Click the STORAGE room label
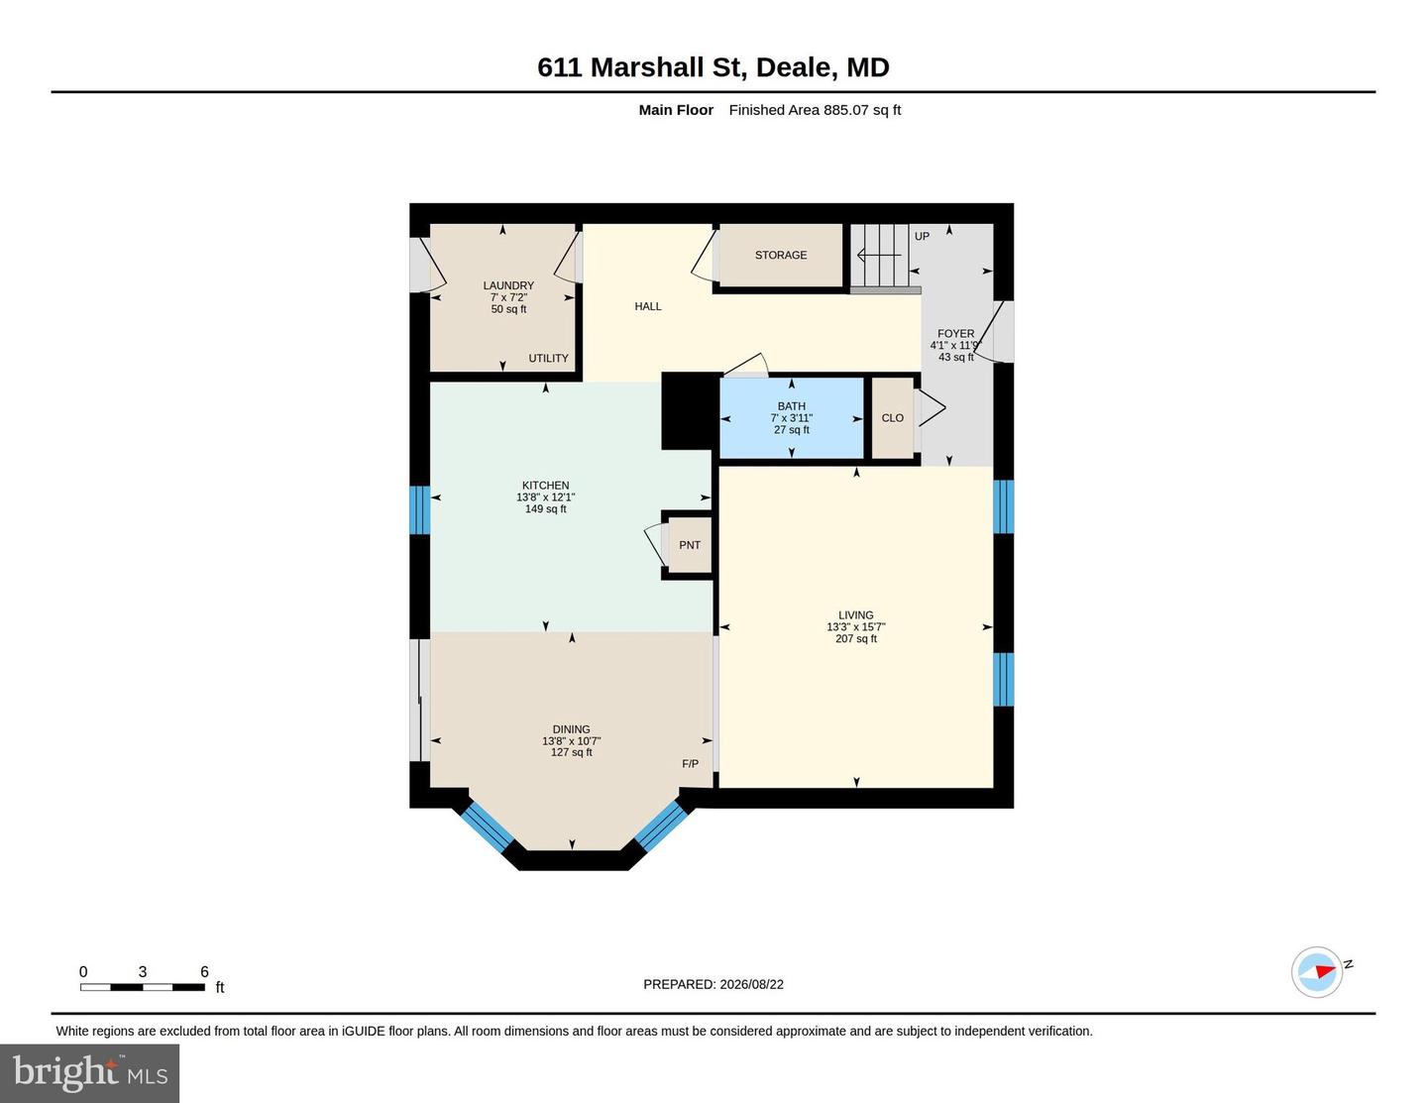click(780, 255)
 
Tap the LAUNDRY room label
click(508, 285)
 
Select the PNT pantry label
click(690, 545)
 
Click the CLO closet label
click(893, 417)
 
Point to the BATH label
click(792, 406)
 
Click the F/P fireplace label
click(690, 763)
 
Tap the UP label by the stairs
click(922, 236)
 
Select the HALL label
click(648, 306)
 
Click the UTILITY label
click(548, 358)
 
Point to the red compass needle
click(1325, 971)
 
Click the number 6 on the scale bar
click(204, 971)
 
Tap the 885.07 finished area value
click(846, 110)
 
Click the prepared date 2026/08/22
click(752, 984)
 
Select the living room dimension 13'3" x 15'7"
click(855, 627)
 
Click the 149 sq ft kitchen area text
click(546, 508)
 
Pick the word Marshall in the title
click(647, 67)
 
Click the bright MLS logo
click(90, 1073)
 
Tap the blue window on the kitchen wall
click(419, 510)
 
